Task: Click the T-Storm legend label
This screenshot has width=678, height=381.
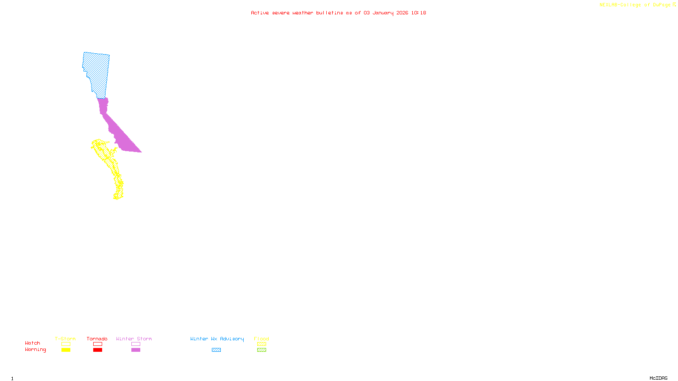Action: pos(65,339)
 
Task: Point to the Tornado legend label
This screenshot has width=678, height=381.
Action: pos(97,339)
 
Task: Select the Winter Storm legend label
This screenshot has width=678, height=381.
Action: pos(134,339)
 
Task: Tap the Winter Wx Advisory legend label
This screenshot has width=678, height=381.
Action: pos(217,339)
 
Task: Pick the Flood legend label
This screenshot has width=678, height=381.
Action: pos(261,339)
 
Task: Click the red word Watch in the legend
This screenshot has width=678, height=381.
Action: pos(33,343)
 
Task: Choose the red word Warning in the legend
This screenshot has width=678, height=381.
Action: pos(36,350)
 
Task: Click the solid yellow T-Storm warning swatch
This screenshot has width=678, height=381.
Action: pos(66,350)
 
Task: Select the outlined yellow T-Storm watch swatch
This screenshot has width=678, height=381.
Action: pos(66,344)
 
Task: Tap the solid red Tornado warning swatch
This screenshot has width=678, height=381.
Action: pos(97,350)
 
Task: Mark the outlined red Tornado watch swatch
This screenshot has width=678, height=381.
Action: pos(97,344)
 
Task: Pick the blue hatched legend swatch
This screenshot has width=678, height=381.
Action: pos(216,350)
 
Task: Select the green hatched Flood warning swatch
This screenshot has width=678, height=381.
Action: pos(261,350)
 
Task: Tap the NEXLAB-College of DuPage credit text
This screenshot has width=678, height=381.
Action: pos(635,5)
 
